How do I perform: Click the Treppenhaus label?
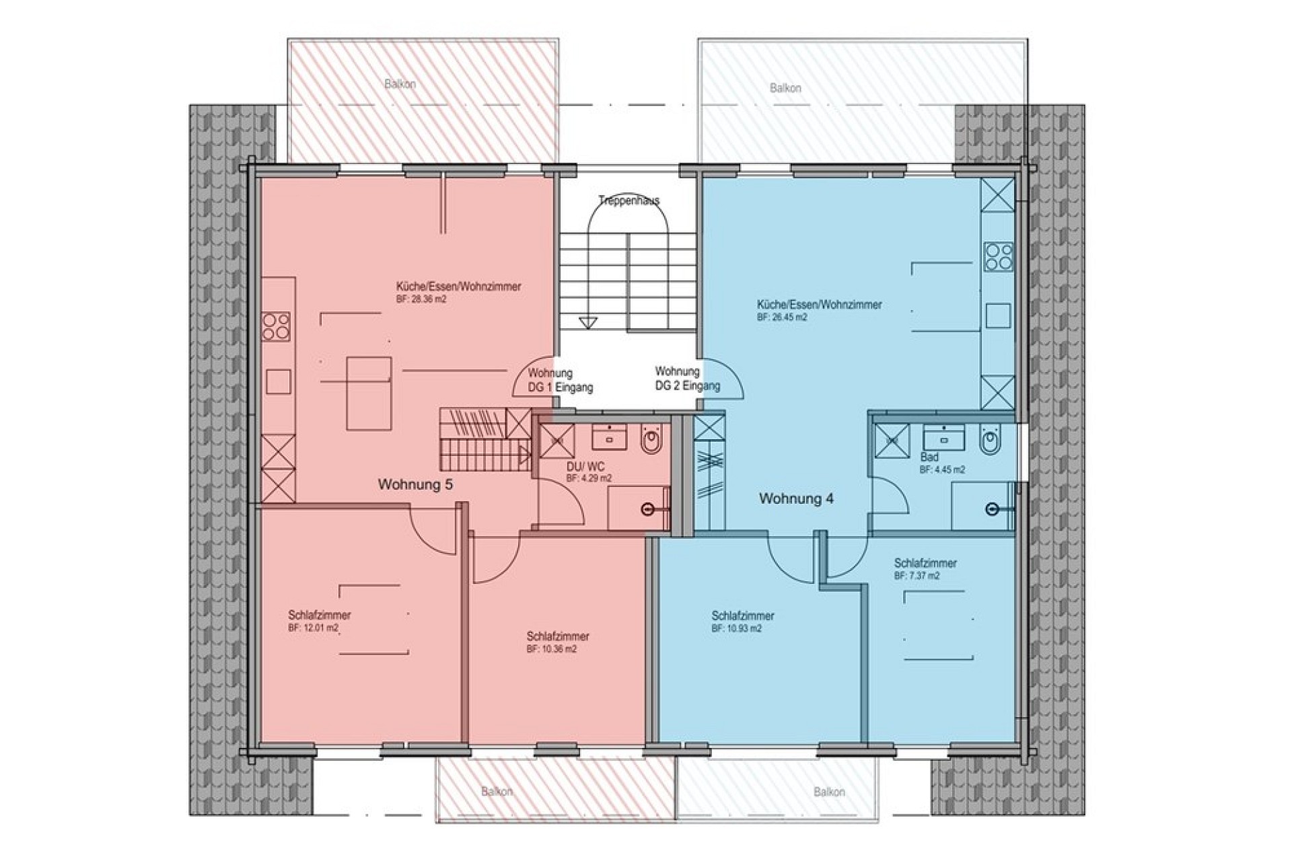(629, 200)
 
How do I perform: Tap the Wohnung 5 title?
(415, 484)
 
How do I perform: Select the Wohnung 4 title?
(797, 499)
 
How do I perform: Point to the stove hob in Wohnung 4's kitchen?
(999, 256)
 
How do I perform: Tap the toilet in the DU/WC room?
(650, 441)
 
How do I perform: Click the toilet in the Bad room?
(989, 441)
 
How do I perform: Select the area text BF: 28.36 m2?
(422, 299)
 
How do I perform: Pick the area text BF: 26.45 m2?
(782, 317)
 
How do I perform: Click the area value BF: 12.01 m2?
(314, 628)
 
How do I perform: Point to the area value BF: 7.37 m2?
(917, 576)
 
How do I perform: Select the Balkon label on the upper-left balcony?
(400, 84)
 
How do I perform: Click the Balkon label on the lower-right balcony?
(829, 792)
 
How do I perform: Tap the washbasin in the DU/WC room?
(610, 437)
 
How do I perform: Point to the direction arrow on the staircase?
(588, 324)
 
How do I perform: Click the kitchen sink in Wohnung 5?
(279, 381)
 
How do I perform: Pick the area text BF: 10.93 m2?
(737, 629)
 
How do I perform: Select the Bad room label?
(929, 457)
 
